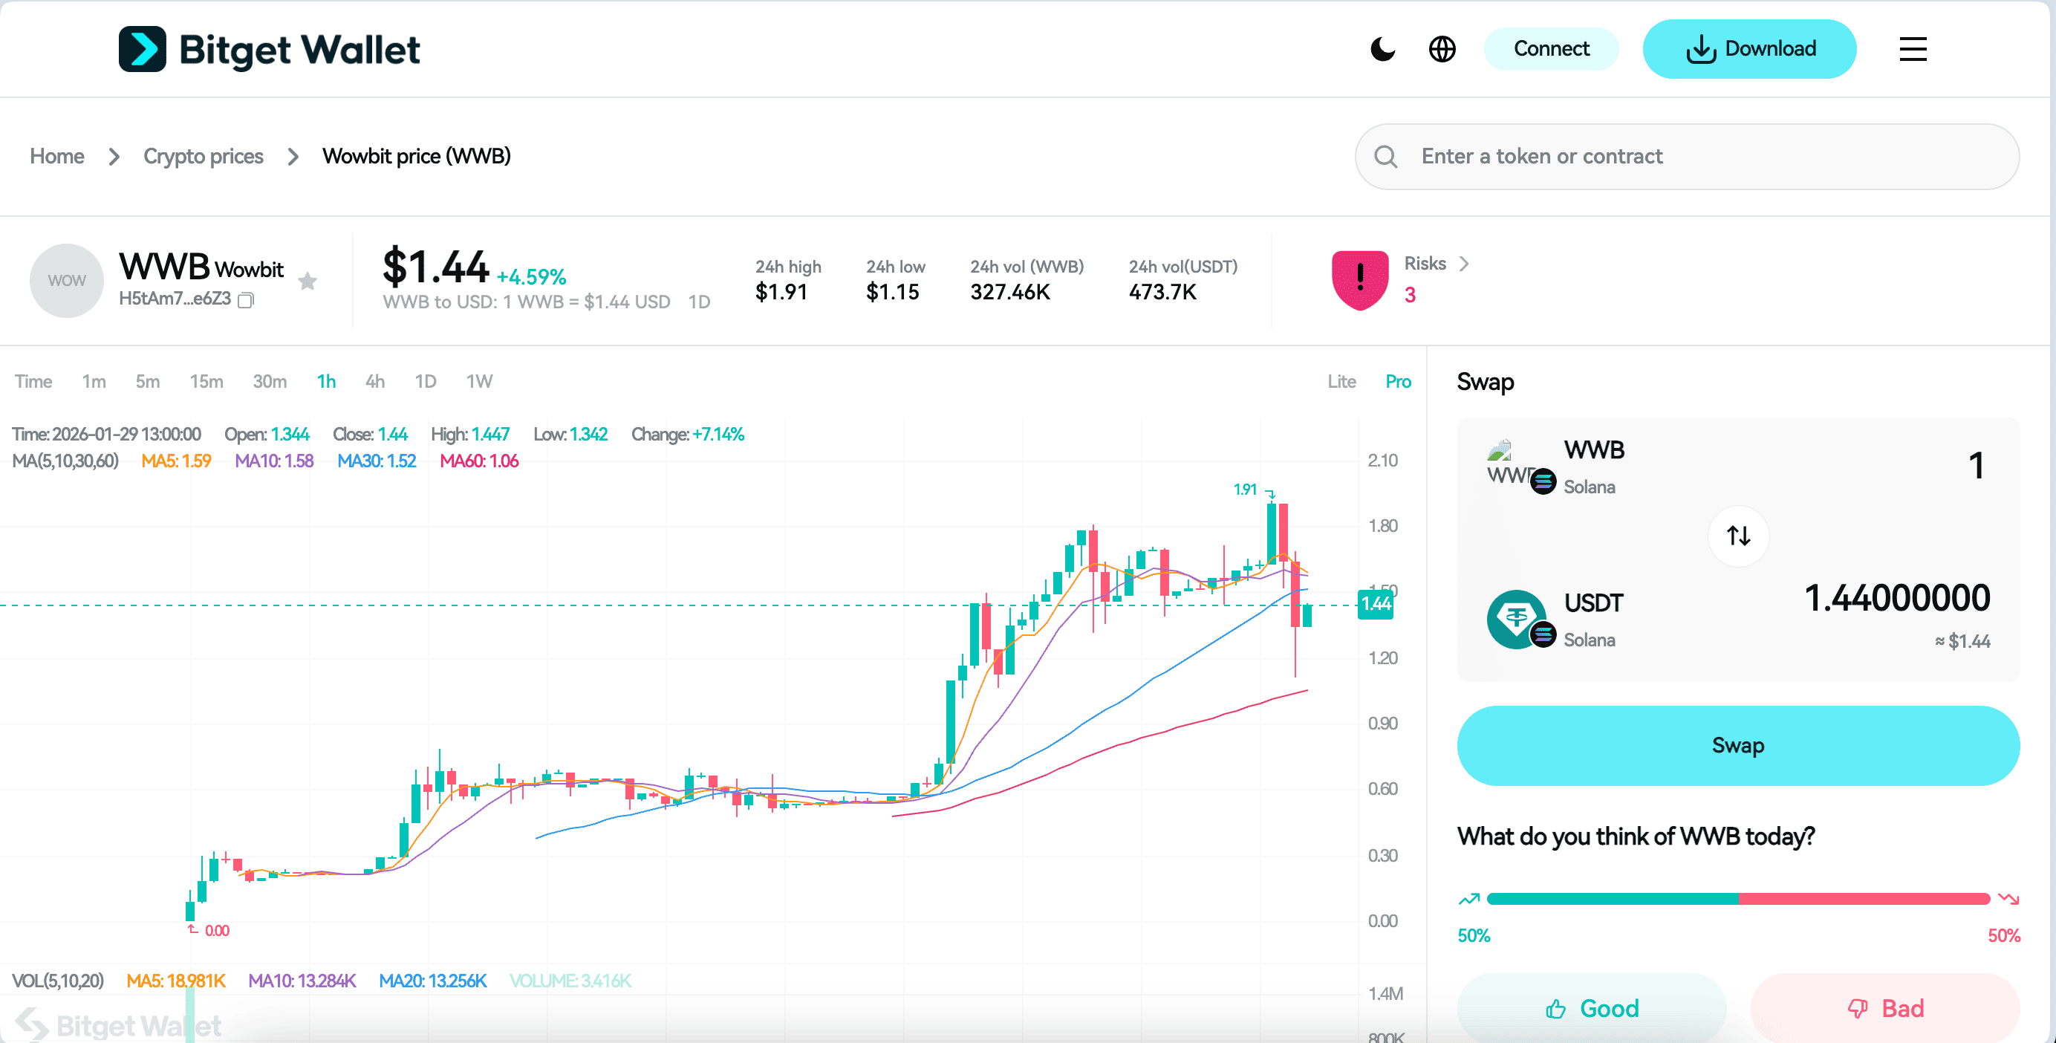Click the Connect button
point(1550,49)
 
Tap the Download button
point(1748,49)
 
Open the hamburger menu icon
point(1913,49)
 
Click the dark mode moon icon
point(1382,49)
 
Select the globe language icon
point(1442,49)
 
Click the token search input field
point(1700,157)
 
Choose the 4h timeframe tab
point(374,381)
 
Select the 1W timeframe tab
point(479,381)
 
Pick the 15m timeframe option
point(206,381)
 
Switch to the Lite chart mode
point(1341,381)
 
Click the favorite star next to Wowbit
point(308,281)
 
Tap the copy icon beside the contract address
point(247,300)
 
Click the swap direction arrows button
point(1737,536)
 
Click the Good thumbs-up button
point(1592,1008)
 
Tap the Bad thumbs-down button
point(1885,1008)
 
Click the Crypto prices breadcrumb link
point(203,157)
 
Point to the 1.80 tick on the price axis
point(1382,526)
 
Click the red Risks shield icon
point(1359,280)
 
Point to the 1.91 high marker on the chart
point(1245,489)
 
